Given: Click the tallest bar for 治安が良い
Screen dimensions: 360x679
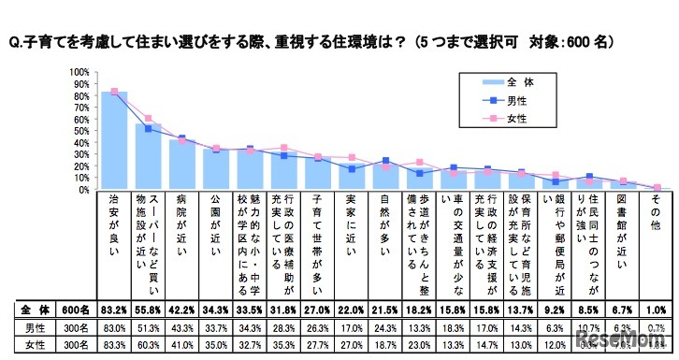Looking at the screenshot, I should (114, 140).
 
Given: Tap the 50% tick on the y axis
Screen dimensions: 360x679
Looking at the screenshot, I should (81, 131).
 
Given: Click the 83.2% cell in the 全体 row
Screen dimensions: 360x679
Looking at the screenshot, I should (114, 308).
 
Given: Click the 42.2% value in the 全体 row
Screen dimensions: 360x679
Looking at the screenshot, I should (182, 308).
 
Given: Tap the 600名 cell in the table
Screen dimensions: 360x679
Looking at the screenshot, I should (74, 308).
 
